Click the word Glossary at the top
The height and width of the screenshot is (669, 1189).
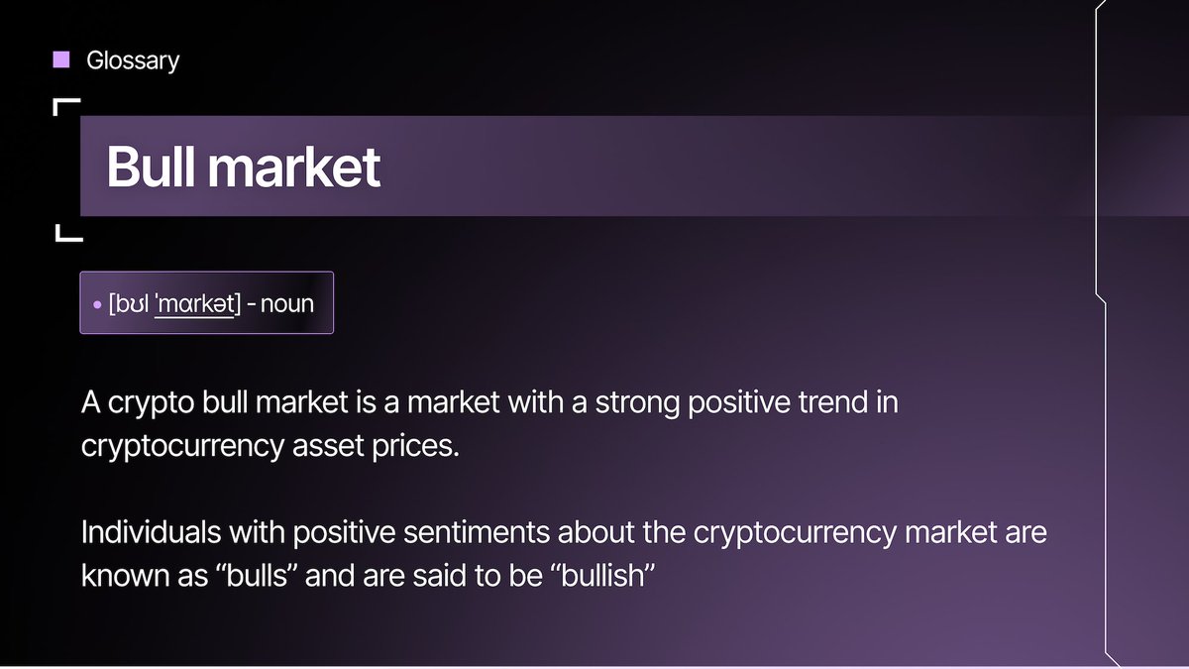133,60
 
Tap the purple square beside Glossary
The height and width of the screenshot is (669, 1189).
61,59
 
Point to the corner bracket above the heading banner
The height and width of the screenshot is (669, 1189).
65,105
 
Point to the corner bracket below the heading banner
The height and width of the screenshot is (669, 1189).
66,234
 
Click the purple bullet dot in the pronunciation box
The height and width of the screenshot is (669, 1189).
97,304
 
